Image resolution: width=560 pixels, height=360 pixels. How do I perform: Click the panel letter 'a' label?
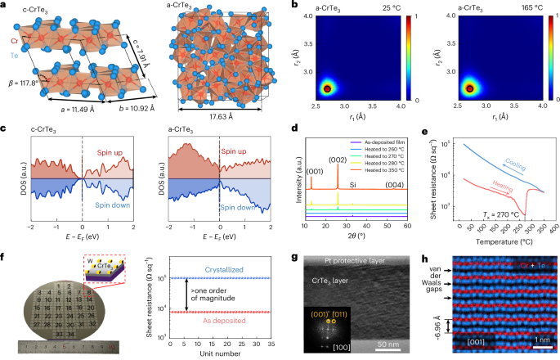pyautogui.click(x=5, y=6)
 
